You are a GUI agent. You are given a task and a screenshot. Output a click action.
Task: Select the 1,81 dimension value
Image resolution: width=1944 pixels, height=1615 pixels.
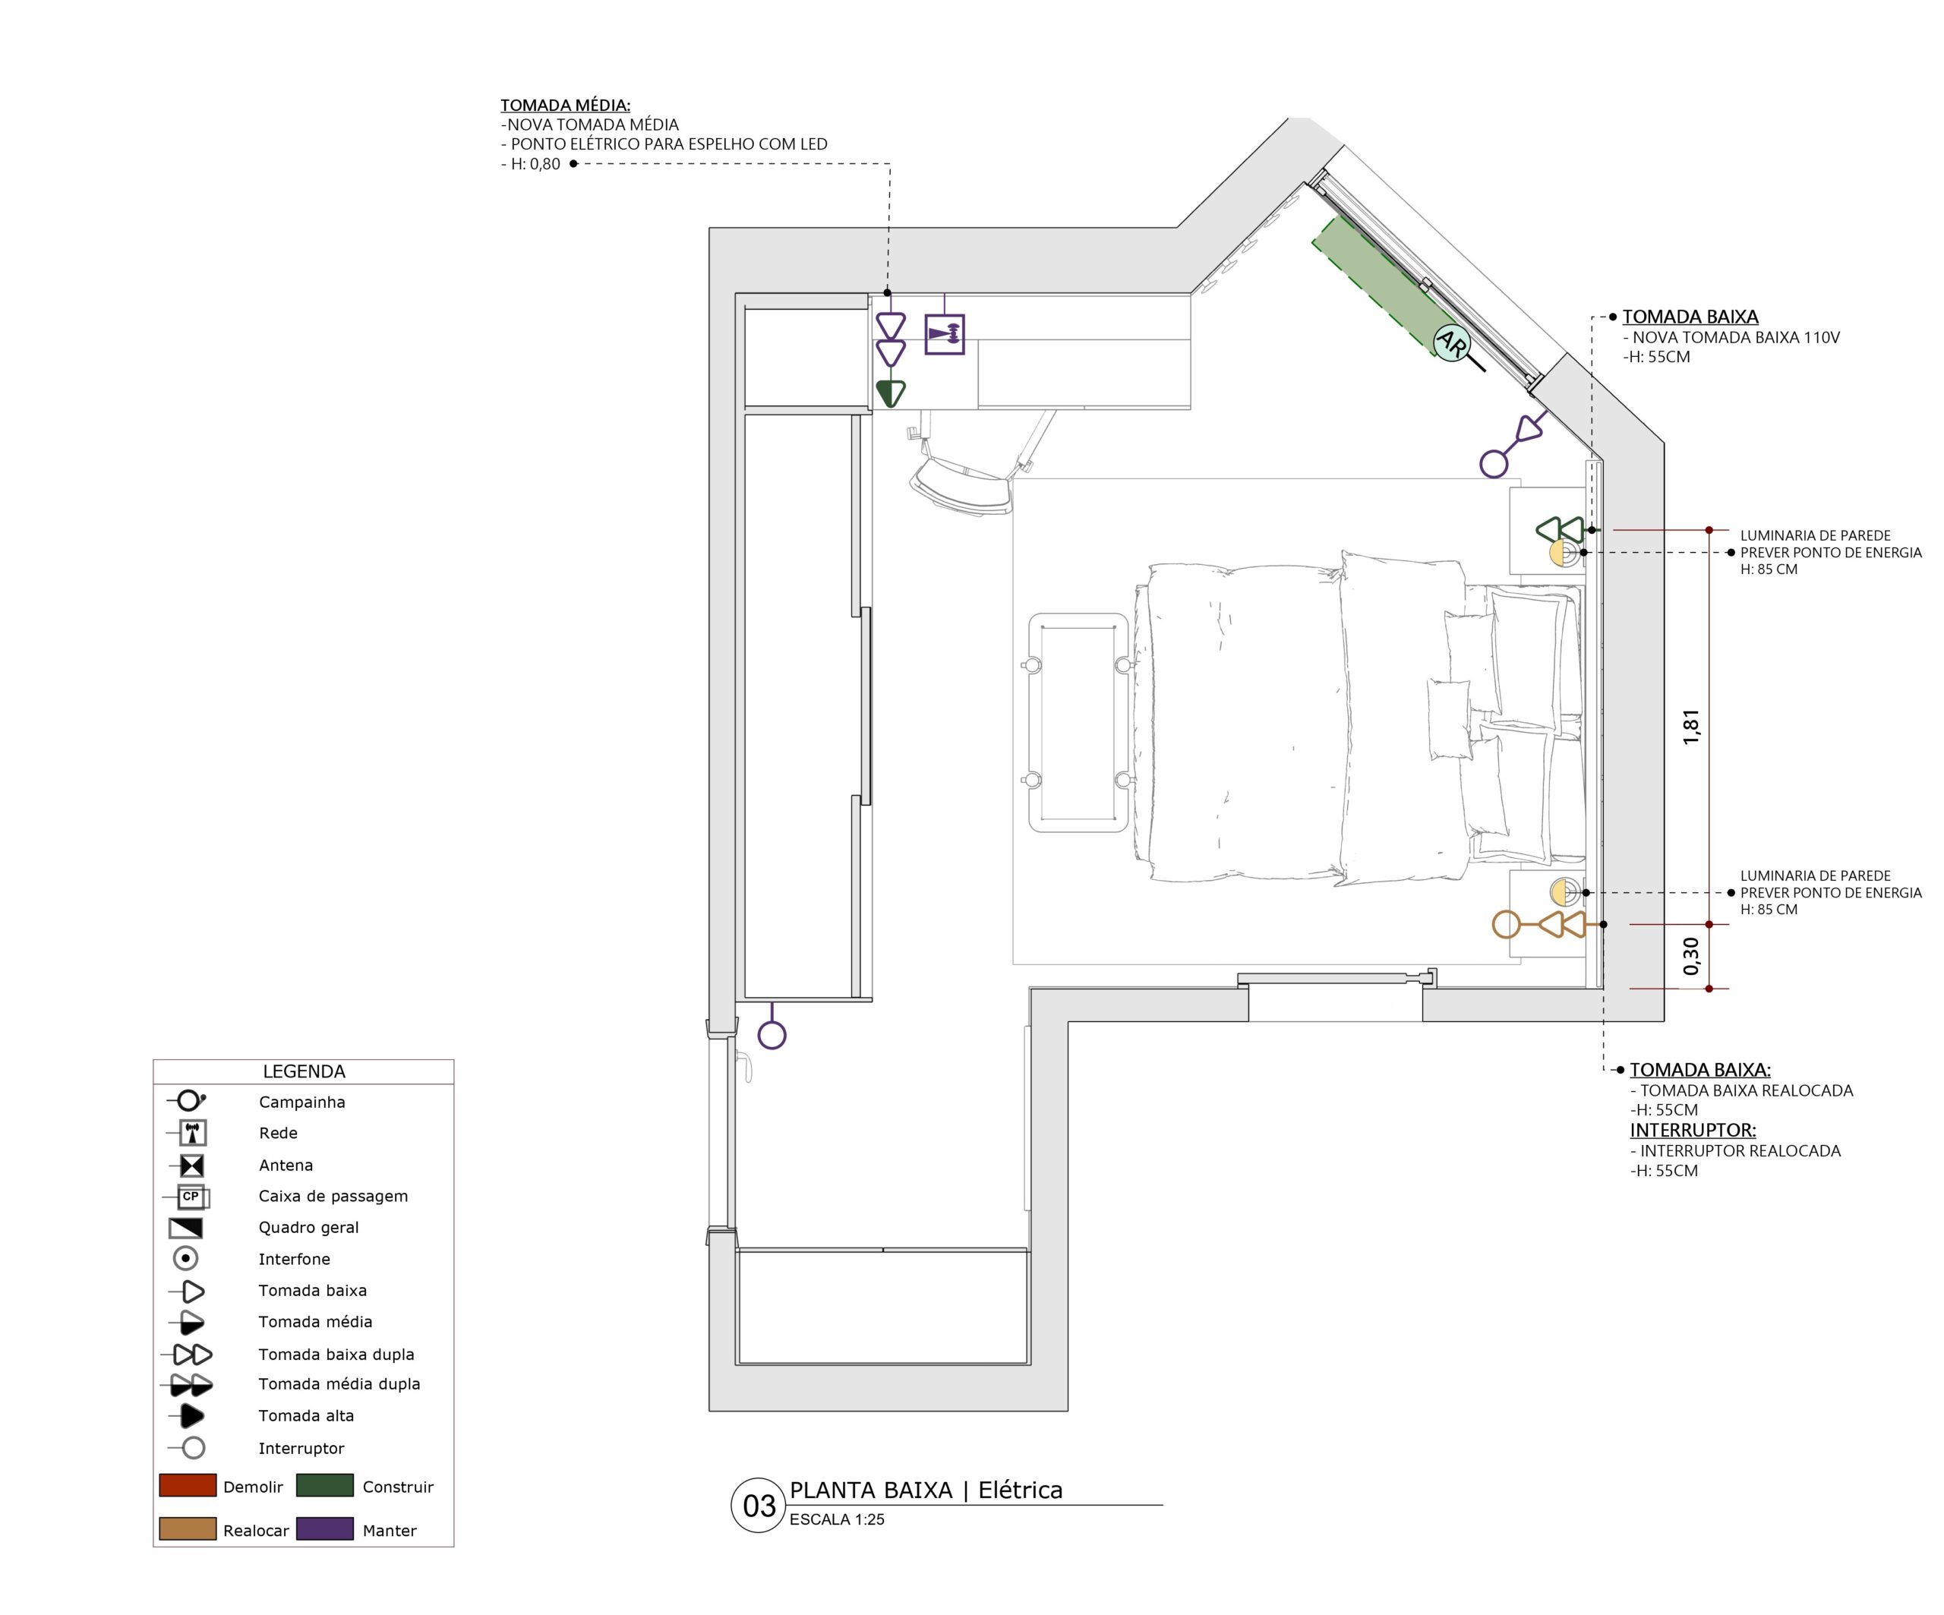coord(1691,727)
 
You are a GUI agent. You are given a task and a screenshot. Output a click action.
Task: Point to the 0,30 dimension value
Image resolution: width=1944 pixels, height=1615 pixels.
coord(1691,956)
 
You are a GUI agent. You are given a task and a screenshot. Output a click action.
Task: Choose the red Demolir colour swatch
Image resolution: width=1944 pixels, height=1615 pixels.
coord(188,1485)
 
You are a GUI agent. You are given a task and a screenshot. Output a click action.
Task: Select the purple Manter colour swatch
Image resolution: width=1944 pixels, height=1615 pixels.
coord(325,1529)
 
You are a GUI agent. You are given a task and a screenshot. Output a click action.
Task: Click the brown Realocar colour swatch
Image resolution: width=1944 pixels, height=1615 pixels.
coord(188,1529)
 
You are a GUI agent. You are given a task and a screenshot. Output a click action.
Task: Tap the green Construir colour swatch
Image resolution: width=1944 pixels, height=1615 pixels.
coord(325,1485)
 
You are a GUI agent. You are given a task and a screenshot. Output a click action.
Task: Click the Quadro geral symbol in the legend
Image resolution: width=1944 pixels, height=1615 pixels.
coord(186,1228)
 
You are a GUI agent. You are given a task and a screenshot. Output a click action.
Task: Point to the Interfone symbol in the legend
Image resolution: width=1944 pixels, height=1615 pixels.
coord(186,1259)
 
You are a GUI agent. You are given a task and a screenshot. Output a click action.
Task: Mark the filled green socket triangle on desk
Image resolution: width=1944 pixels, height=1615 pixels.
coord(891,393)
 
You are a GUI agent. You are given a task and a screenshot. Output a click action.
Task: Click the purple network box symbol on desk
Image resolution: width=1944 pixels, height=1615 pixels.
coord(944,334)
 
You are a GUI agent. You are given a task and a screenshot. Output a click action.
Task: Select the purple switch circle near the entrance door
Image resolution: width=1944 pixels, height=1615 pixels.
coord(772,1035)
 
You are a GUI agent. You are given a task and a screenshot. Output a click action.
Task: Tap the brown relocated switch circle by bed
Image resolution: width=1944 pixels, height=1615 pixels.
coord(1506,923)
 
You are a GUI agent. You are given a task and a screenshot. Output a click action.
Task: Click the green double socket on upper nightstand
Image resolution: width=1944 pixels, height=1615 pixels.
coord(1560,530)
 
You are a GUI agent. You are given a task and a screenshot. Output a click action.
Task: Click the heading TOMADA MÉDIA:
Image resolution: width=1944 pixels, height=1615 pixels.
coord(565,106)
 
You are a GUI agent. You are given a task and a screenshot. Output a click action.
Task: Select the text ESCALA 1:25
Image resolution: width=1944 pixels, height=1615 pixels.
coord(837,1519)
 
